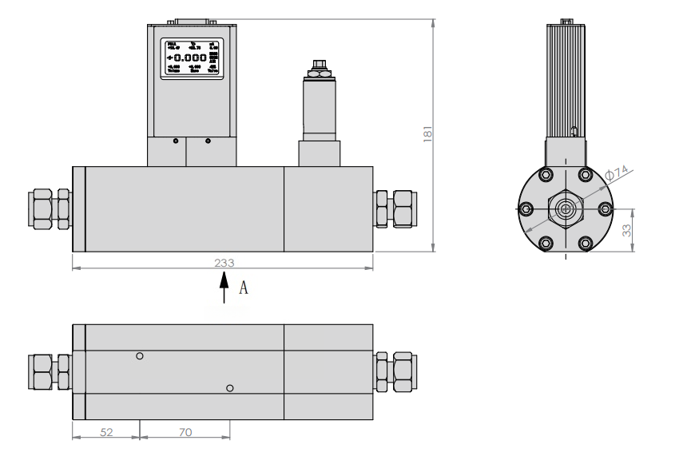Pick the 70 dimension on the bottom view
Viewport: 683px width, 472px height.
[x=185, y=431]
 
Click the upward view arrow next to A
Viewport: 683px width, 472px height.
[x=224, y=288]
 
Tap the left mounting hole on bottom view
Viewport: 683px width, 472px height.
[x=140, y=356]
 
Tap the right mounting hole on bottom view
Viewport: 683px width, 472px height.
[x=230, y=388]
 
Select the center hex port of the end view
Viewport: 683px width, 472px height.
[x=566, y=209]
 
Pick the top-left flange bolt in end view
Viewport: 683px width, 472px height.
[x=546, y=175]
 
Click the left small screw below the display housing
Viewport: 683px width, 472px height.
[x=173, y=141]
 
